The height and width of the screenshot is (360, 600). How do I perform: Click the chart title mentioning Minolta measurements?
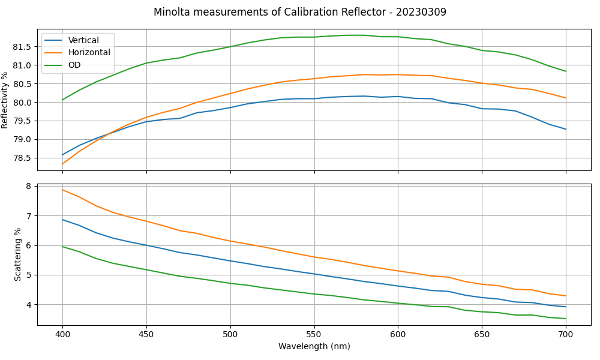[x=300, y=12]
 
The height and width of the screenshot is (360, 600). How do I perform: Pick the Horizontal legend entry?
[x=89, y=52]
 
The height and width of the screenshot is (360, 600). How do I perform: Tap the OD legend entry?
[x=74, y=65]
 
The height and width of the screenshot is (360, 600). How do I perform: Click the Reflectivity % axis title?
[x=5, y=100]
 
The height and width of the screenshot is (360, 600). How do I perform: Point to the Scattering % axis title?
[x=18, y=254]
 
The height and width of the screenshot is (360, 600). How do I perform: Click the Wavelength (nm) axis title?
[x=314, y=347]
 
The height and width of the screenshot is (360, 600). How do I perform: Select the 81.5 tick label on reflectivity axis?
[x=22, y=46]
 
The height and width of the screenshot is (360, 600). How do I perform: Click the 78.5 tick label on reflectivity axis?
[x=22, y=158]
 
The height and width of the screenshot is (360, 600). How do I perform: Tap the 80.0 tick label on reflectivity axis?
[x=22, y=102]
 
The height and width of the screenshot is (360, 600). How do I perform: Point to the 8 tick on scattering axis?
[x=28, y=186]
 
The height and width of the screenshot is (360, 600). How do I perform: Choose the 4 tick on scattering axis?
[x=28, y=305]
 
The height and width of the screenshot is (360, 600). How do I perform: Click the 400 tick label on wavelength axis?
[x=62, y=334]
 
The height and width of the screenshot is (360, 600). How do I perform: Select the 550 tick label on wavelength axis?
[x=314, y=334]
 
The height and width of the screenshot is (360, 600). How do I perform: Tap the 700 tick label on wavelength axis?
[x=566, y=334]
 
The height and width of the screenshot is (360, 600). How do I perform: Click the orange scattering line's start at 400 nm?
[x=62, y=190]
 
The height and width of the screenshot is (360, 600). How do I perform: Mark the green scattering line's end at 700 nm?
[x=566, y=319]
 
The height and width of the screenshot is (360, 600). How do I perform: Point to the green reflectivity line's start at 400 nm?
[x=62, y=100]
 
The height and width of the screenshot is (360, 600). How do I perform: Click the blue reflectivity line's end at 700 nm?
[x=566, y=129]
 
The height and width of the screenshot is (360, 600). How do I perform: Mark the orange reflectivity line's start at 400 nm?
[x=62, y=164]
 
